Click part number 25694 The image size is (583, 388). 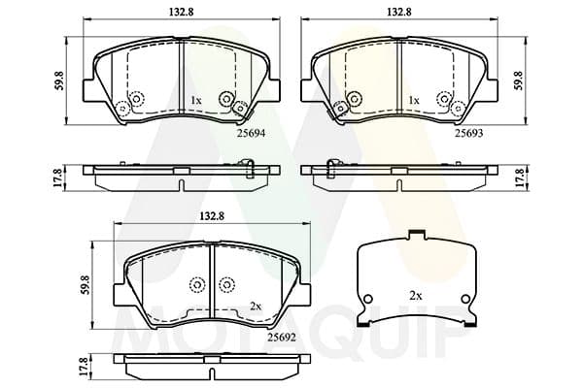(252, 133)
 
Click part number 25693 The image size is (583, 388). (469, 133)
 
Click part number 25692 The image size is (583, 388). (282, 338)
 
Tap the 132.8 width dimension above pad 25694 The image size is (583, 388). (182, 12)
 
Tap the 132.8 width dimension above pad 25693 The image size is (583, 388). (399, 12)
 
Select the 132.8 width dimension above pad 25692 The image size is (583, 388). (212, 216)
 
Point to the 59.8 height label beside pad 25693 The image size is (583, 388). (518, 81)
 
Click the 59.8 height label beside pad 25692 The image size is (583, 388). (85, 285)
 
